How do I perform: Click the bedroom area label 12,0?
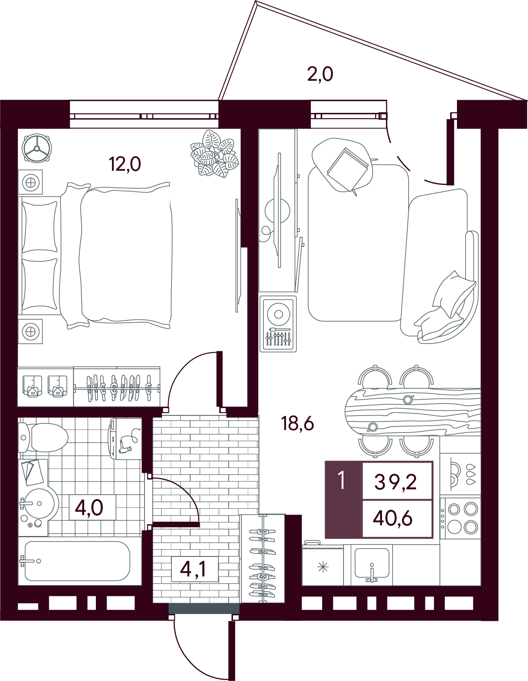125,164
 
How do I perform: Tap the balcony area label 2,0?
320,75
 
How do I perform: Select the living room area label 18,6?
297,424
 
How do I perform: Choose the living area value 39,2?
395,482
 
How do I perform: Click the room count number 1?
342,481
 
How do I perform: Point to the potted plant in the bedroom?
215,153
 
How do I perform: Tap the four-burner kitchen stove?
460,519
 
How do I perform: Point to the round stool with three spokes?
37,148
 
